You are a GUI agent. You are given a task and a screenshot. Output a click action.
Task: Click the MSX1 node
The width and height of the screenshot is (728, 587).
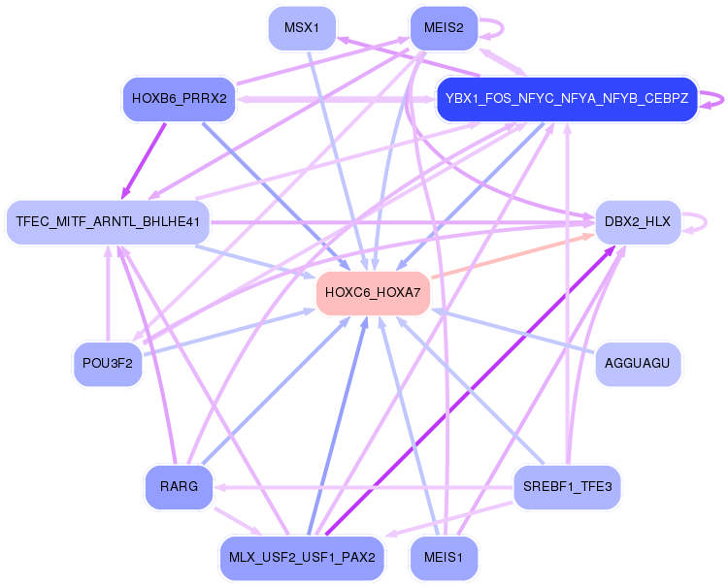click(x=302, y=28)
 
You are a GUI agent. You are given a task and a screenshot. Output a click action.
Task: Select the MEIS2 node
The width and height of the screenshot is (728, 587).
click(x=444, y=28)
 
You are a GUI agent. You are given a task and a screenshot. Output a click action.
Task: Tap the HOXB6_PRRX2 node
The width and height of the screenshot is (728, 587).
click(x=180, y=99)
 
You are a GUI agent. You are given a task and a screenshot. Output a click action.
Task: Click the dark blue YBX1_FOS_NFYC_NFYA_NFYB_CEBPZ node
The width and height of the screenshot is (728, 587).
click(x=567, y=99)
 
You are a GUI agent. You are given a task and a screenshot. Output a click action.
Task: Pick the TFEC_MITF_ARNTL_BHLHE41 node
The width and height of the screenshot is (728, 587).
click(x=108, y=222)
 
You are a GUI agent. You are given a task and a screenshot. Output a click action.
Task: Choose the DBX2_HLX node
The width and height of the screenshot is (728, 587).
click(x=638, y=222)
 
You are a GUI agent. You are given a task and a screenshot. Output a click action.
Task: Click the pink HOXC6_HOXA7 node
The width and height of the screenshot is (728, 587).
click(x=373, y=293)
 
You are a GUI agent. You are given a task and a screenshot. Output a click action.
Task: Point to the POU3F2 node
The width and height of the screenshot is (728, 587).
click(x=108, y=363)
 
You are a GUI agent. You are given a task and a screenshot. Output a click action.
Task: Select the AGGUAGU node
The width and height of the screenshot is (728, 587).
click(x=638, y=363)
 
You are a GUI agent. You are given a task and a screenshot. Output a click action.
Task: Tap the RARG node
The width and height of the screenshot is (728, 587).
click(x=180, y=486)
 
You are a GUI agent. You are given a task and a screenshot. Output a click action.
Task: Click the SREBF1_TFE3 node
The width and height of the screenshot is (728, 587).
click(x=567, y=486)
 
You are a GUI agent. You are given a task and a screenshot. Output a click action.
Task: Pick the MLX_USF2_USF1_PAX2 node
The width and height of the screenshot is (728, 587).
click(x=302, y=557)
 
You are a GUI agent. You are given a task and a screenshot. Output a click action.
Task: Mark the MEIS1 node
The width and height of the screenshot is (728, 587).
click(x=444, y=557)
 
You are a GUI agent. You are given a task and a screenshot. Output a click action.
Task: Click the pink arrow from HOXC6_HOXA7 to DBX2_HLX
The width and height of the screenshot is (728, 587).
click(x=513, y=256)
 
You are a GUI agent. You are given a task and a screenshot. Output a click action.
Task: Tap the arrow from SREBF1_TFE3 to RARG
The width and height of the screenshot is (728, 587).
click(x=364, y=487)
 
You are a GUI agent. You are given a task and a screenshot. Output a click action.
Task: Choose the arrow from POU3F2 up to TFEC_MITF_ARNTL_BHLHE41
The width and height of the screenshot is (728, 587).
click(x=108, y=293)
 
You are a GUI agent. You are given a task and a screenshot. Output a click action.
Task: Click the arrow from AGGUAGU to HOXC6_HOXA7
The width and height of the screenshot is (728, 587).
click(x=513, y=331)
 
